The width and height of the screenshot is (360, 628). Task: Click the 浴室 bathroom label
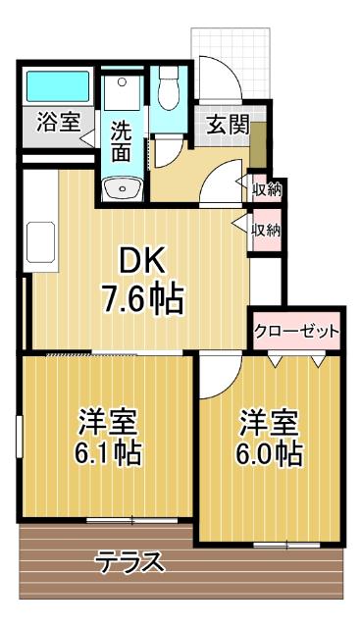pyautogui.click(x=58, y=123)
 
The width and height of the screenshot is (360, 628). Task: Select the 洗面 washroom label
pyautogui.click(x=121, y=140)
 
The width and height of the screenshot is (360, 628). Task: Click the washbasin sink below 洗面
pyautogui.click(x=122, y=185)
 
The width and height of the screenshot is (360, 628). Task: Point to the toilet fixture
pyautogui.click(x=169, y=88)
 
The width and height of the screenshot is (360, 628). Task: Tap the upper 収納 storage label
pyautogui.click(x=265, y=189)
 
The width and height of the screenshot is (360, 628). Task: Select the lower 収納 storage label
pyautogui.click(x=265, y=231)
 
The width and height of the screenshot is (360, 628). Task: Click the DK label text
pyautogui.click(x=145, y=260)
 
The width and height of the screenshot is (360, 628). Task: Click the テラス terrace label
pyautogui.click(x=129, y=564)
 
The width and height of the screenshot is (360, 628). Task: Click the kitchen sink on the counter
pyautogui.click(x=41, y=239)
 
